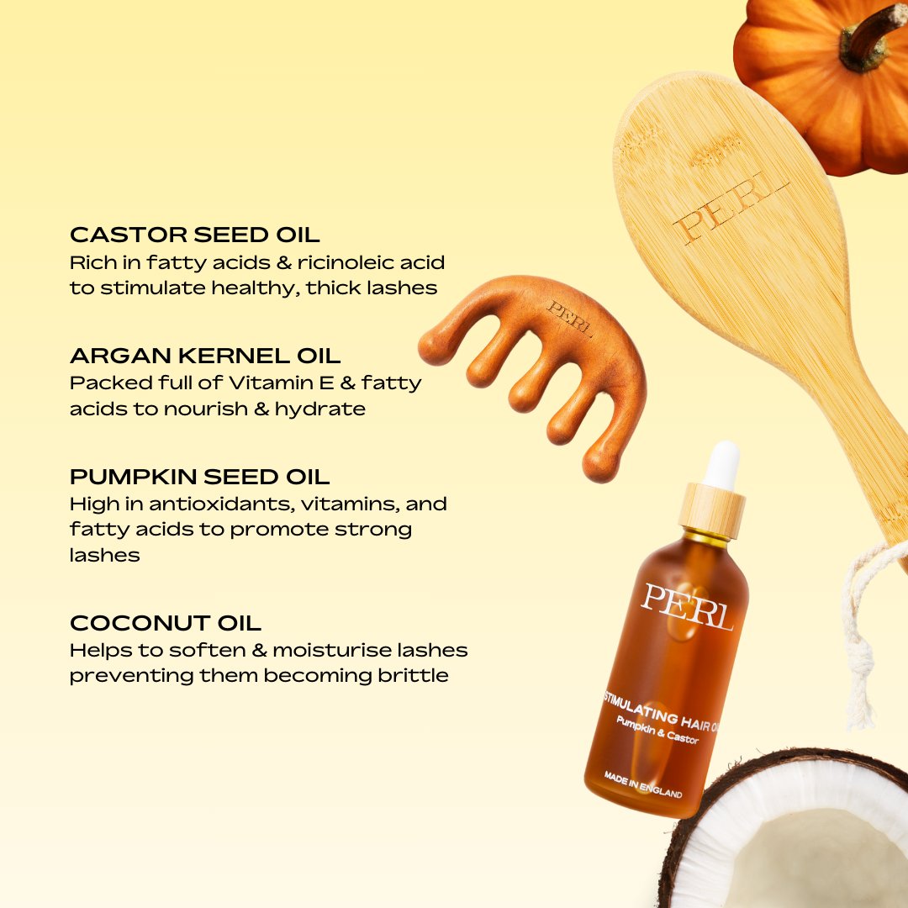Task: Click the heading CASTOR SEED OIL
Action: [x=194, y=235]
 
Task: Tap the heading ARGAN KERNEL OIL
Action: [x=205, y=356]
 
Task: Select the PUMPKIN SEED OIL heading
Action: [x=199, y=477]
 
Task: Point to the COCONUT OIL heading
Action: [x=165, y=623]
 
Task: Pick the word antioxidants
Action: [x=223, y=504]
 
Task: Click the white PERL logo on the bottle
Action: [x=687, y=606]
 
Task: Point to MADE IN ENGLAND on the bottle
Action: [x=643, y=784]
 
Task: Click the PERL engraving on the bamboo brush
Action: [x=731, y=208]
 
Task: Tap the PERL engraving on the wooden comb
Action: [x=570, y=318]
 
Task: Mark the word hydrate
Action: [x=319, y=409]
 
